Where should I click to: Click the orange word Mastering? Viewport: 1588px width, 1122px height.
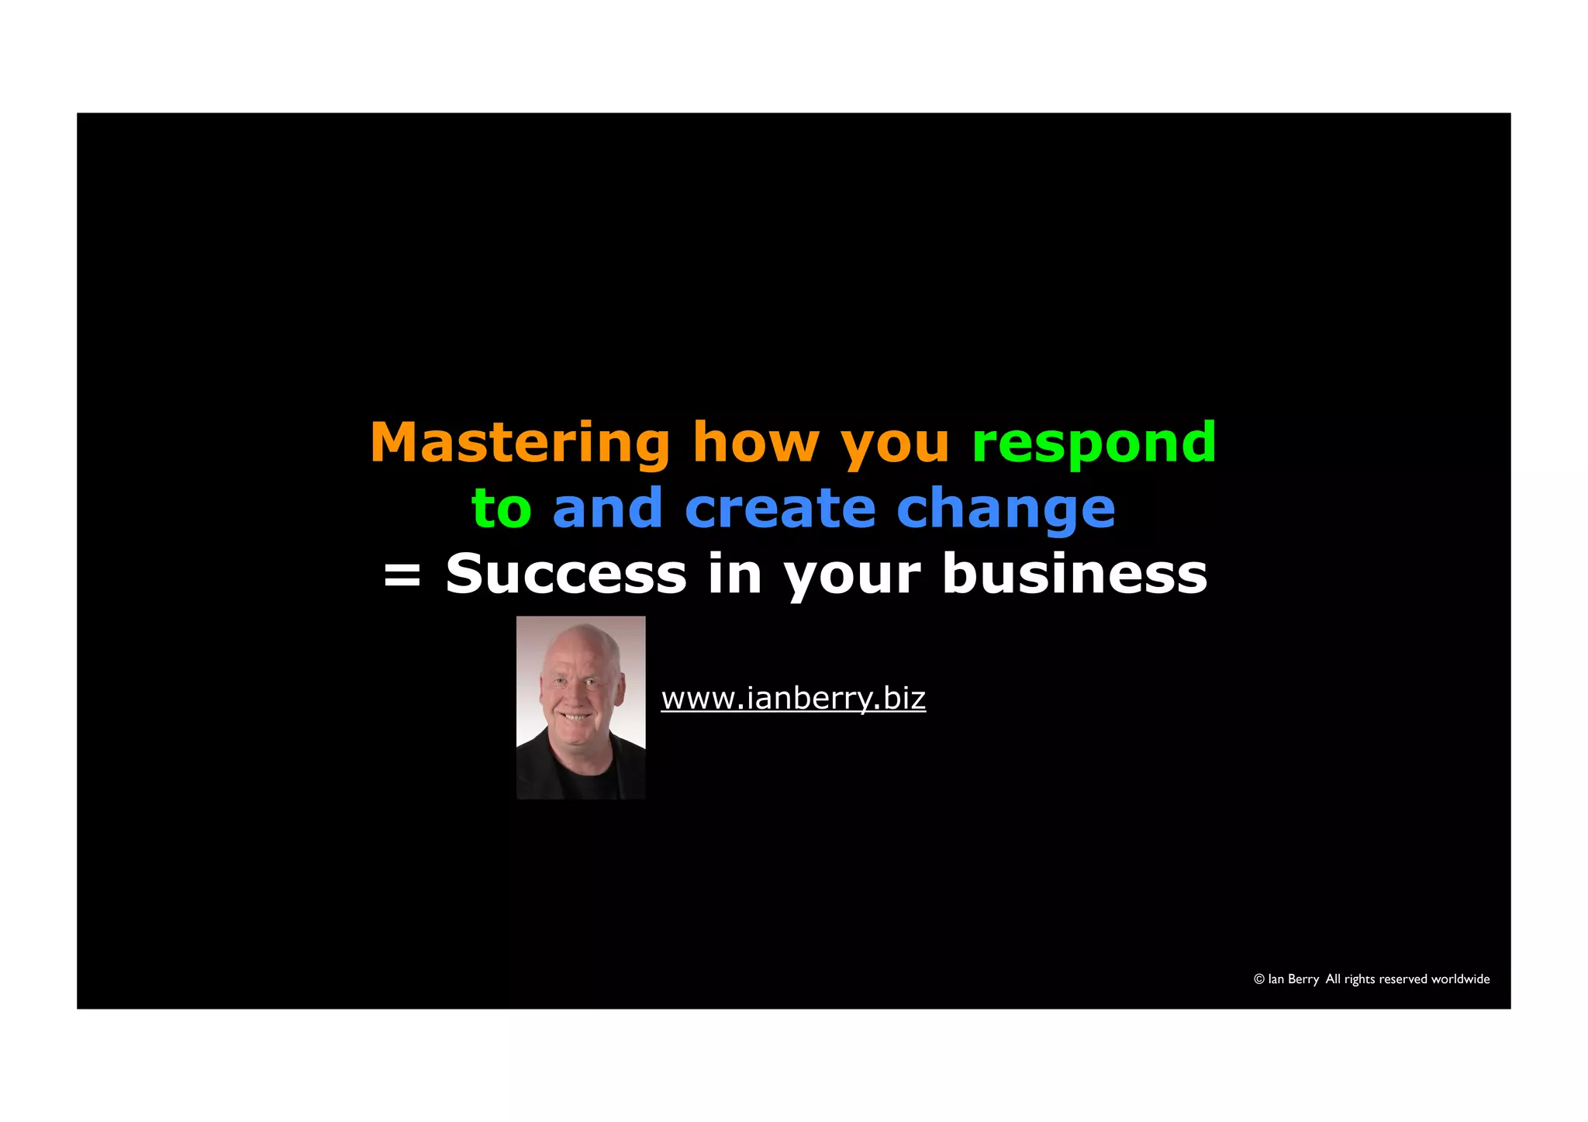coord(519,444)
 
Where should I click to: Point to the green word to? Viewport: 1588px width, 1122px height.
coord(501,509)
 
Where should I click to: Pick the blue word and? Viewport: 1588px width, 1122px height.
coord(607,509)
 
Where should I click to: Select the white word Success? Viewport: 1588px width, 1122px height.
coord(566,575)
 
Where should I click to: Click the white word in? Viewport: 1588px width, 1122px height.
coord(734,575)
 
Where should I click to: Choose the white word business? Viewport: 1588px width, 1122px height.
coord(1074,575)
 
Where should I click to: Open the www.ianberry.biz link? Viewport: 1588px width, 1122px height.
coord(792,699)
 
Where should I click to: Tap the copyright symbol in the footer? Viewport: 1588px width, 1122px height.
coord(1258,979)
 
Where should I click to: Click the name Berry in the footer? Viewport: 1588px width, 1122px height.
coord(1303,979)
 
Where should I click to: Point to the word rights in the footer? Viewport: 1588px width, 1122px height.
coord(1359,979)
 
